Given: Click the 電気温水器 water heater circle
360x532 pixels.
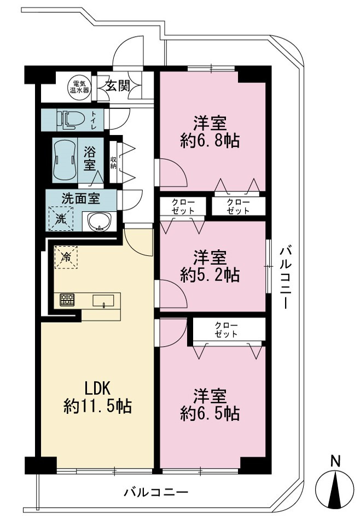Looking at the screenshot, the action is (79, 86).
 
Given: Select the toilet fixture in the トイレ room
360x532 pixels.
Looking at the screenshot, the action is (71, 119).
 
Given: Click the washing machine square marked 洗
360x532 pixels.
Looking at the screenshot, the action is (61, 219).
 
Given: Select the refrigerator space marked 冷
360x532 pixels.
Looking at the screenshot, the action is (66, 257).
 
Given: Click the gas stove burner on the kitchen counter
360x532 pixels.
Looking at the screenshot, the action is (67, 300).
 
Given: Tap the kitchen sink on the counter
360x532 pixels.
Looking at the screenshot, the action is (103, 301).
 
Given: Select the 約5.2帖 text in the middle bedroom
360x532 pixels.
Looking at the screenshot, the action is (210, 275).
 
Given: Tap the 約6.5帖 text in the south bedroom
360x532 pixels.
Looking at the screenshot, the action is (210, 413).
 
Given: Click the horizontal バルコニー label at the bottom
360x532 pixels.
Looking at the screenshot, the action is (156, 492).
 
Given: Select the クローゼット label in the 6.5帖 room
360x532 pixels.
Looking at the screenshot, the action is (226, 330).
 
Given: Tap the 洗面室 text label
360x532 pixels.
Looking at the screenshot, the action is (81, 199).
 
